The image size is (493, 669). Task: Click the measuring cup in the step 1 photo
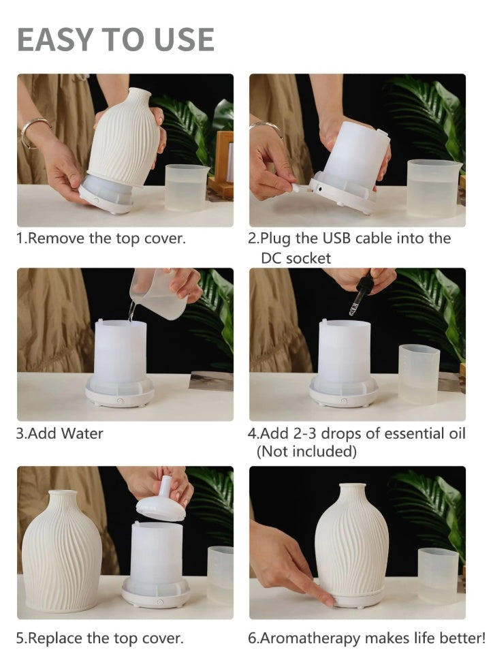coord(185,187)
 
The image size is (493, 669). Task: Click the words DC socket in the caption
coord(296,258)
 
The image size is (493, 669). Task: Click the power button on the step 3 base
coord(120,401)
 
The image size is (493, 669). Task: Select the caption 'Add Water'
coord(65,433)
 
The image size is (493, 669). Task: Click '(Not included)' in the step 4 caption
coord(306,451)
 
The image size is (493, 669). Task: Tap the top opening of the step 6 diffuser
coord(353,486)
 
